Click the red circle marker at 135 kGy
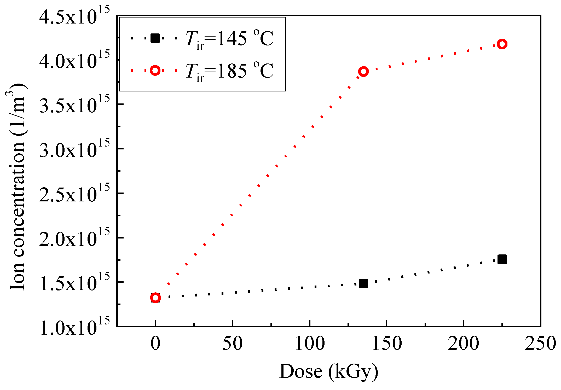click(363, 71)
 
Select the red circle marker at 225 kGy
click(502, 44)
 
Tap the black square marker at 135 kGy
click(363, 283)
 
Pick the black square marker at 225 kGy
click(502, 259)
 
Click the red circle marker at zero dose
click(155, 298)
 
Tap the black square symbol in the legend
click(155, 38)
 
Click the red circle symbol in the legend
click(155, 70)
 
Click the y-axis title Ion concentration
click(18, 187)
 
